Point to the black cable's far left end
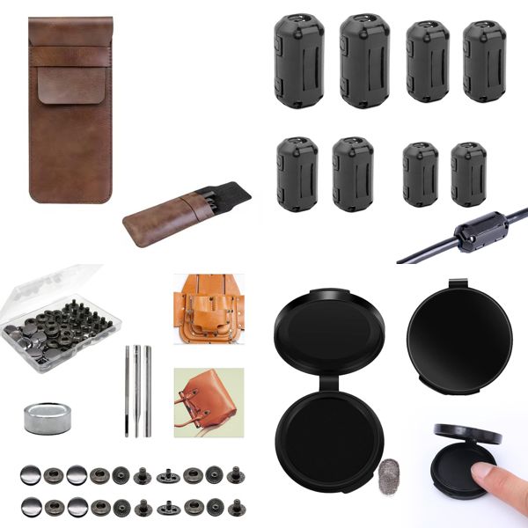pyautogui.click(x=401, y=260)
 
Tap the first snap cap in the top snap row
pyautogui.click(x=30, y=475)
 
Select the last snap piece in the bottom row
pyautogui.click(x=235, y=508)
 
